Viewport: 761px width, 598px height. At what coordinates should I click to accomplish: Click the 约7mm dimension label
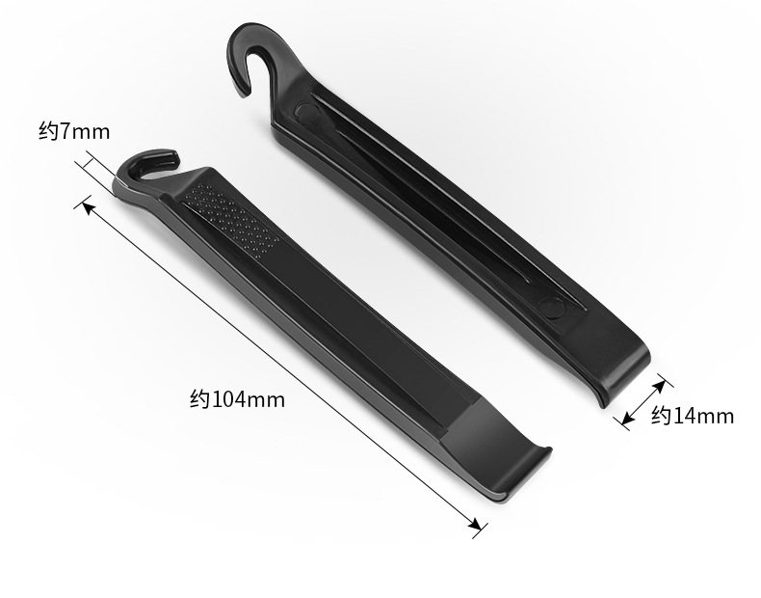click(x=74, y=131)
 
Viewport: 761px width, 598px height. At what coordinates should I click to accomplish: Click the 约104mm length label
click(x=237, y=399)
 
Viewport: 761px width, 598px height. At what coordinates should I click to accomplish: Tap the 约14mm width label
click(x=692, y=416)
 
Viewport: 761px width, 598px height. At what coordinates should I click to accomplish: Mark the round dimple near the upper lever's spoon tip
click(x=552, y=308)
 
